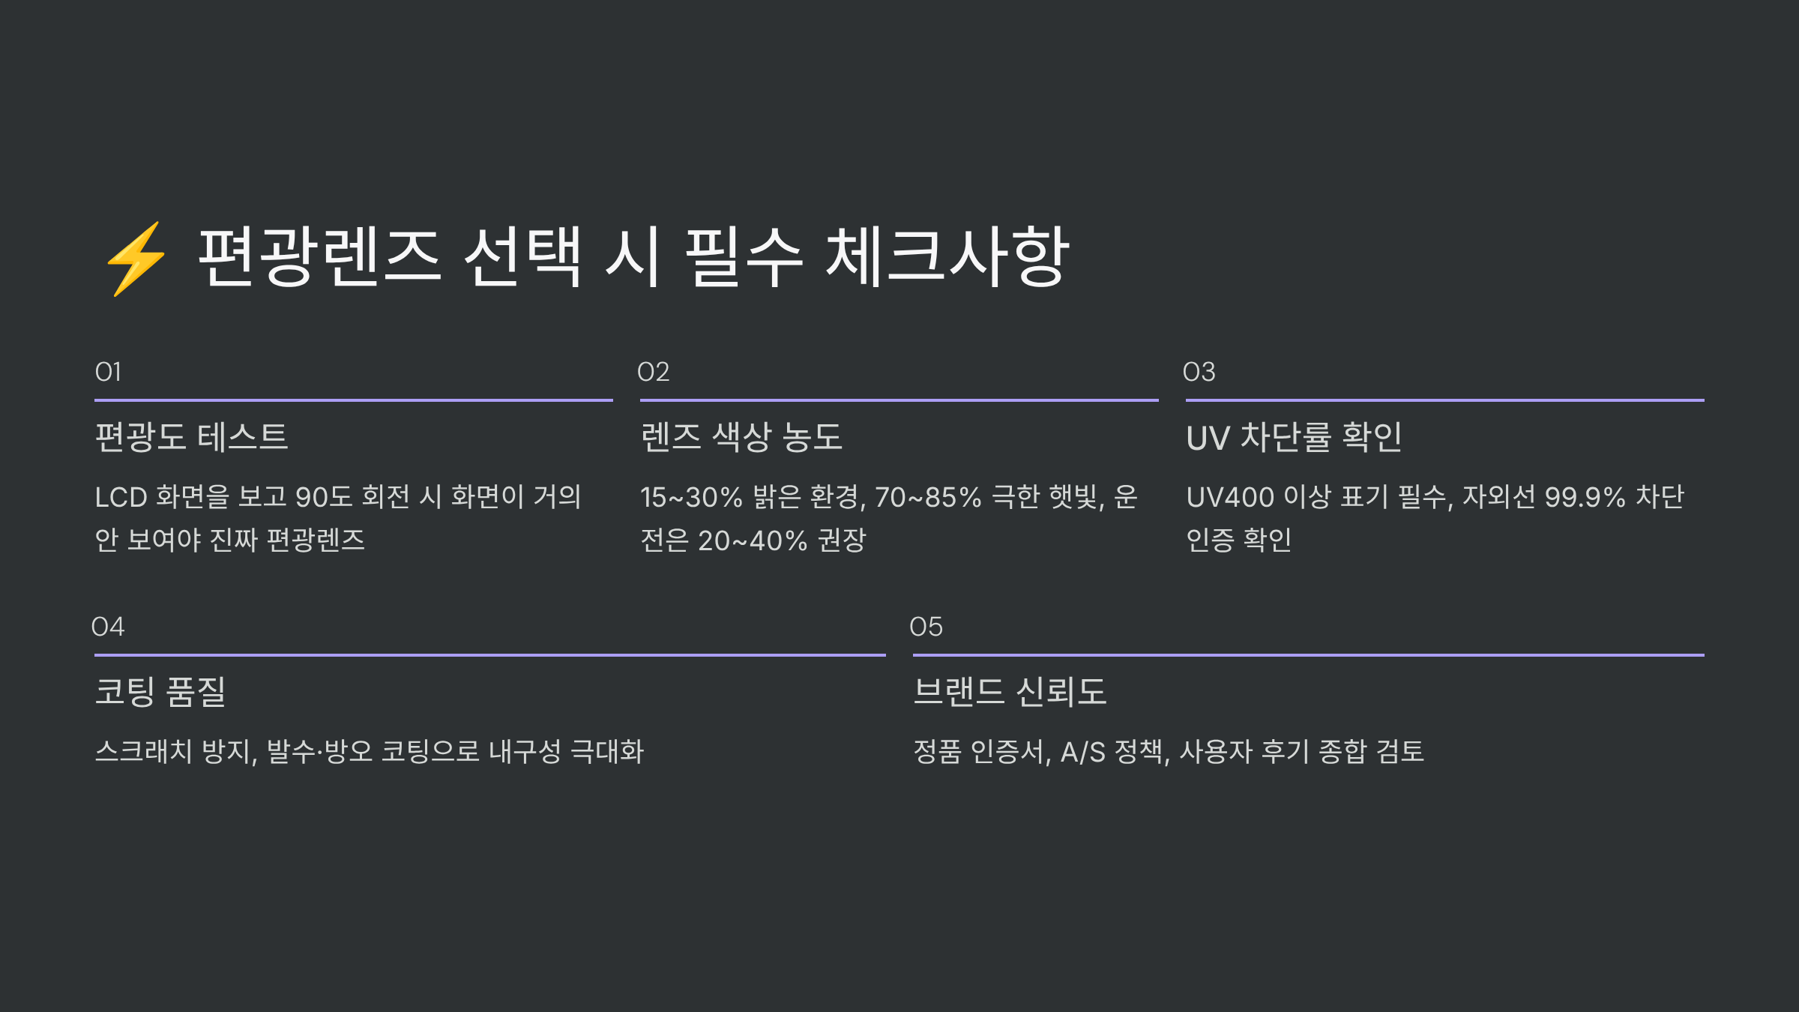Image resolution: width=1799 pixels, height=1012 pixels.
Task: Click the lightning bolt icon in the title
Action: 136,259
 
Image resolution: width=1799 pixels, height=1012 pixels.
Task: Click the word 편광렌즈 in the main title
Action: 319,257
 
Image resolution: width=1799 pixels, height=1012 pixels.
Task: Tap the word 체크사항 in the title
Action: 947,257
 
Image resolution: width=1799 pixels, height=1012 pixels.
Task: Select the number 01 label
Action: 108,372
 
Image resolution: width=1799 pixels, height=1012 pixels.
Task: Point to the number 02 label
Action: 653,372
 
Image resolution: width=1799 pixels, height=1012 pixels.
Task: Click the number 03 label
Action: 1199,372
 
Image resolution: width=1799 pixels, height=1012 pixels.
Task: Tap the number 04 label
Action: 108,627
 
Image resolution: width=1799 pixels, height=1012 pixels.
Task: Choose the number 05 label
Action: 926,627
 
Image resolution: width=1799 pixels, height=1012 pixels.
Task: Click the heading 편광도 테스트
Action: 192,437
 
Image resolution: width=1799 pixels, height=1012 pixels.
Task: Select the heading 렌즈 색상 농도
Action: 741,437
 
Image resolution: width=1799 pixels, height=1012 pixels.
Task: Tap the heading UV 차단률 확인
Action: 1294,437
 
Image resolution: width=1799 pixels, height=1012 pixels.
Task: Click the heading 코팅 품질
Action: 160,691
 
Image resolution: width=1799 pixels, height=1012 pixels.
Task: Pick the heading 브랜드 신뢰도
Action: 1010,691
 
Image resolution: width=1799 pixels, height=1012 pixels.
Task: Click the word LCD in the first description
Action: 121,497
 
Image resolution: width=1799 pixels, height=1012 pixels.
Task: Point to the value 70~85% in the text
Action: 928,497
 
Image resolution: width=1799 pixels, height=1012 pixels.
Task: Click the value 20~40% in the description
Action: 753,540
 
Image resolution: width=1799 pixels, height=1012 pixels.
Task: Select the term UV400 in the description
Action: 1230,497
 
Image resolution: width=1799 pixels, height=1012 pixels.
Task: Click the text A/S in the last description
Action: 1082,752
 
